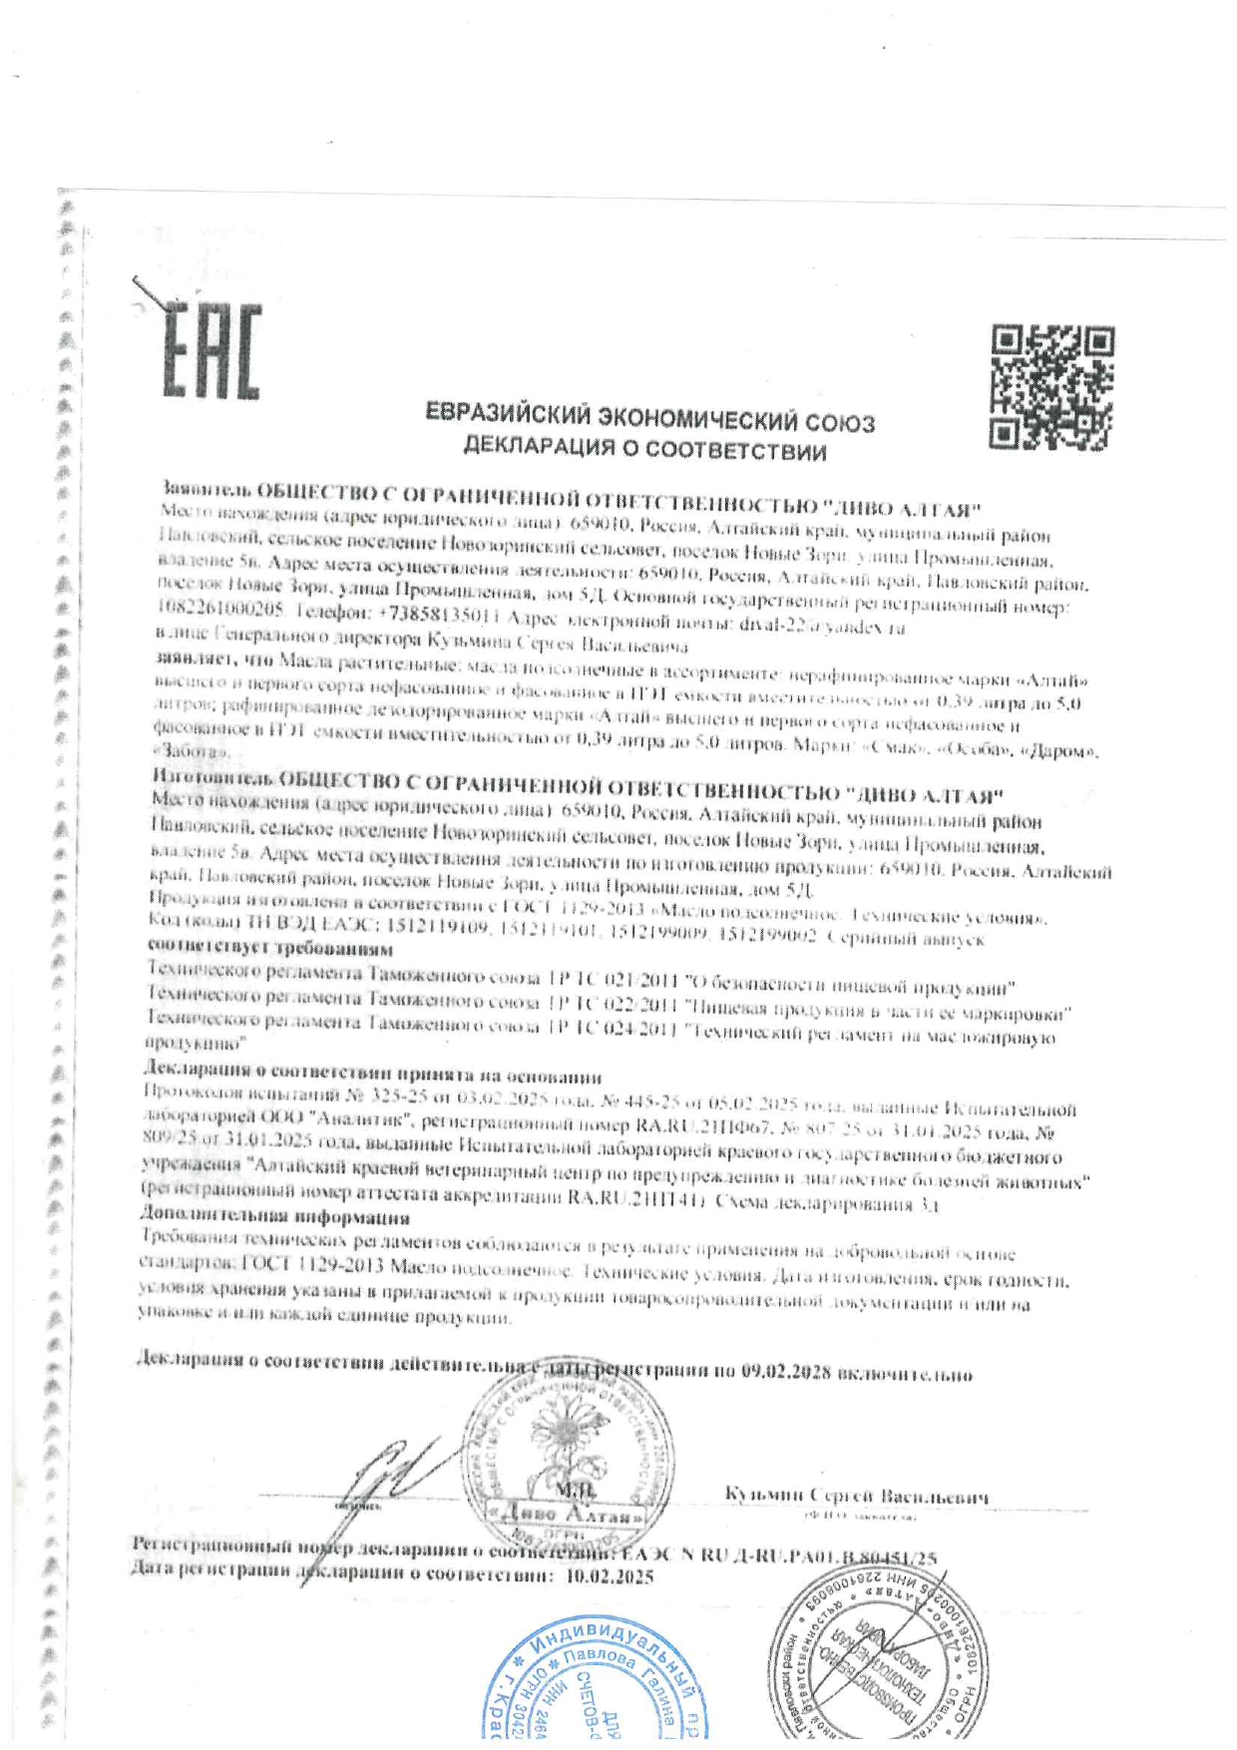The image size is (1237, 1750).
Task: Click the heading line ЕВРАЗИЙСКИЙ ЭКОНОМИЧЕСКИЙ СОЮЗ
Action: (649, 418)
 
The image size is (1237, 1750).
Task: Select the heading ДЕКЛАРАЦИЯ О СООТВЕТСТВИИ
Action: (644, 449)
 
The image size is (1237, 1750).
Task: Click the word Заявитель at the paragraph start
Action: (206, 490)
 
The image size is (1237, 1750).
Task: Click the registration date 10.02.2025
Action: (609, 1576)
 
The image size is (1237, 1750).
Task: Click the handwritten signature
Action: (394, 1472)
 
